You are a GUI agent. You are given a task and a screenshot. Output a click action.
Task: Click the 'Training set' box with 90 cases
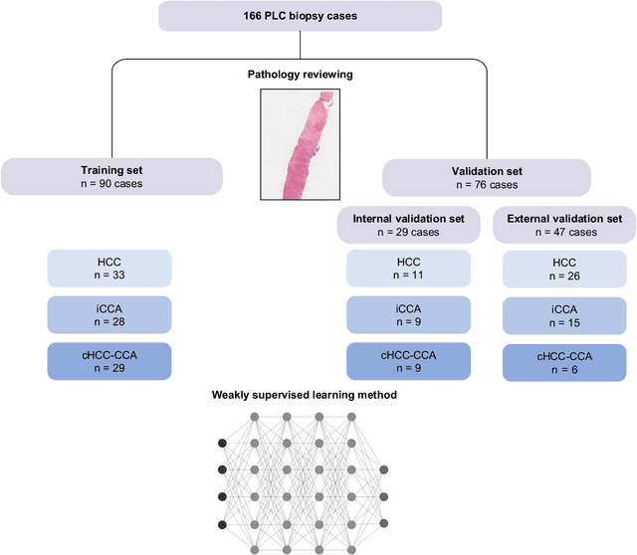111,176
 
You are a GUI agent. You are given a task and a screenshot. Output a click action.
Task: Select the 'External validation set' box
563,224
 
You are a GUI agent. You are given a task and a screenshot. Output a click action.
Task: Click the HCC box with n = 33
109,269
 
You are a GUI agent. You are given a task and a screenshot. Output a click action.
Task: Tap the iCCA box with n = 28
109,315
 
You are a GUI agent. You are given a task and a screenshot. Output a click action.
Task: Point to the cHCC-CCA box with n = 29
109,361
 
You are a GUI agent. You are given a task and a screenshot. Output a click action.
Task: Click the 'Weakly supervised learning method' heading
304,395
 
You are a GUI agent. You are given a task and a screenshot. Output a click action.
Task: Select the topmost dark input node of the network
222,442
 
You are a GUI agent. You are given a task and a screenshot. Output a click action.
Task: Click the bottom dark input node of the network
222,524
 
